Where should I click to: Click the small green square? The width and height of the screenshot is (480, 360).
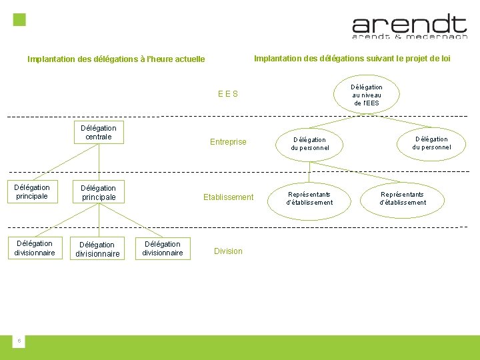click(x=20, y=19)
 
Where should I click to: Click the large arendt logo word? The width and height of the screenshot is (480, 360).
click(x=409, y=25)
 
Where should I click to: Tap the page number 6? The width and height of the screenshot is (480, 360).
click(x=19, y=341)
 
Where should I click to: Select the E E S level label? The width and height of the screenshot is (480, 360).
click(x=228, y=94)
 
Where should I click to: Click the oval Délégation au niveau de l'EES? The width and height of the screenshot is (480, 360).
click(x=367, y=95)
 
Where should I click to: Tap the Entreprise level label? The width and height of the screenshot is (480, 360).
click(x=228, y=142)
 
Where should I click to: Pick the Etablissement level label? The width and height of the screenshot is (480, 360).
click(x=229, y=197)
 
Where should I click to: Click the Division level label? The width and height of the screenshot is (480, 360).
click(x=228, y=251)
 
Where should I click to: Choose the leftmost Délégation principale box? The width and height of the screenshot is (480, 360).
click(x=32, y=192)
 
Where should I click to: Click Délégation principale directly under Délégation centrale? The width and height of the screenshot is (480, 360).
click(x=98, y=193)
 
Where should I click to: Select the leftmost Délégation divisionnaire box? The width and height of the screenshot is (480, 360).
click(x=35, y=248)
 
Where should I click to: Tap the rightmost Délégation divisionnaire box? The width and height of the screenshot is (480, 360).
click(x=163, y=249)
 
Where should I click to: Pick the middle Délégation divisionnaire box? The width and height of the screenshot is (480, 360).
click(x=98, y=249)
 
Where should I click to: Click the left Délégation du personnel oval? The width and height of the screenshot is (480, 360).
click(x=310, y=144)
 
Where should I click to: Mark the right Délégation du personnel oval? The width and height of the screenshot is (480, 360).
click(x=432, y=143)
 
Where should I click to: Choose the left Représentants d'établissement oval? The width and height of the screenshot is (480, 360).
click(x=310, y=198)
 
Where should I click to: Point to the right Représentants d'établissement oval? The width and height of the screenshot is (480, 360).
click(x=403, y=198)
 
